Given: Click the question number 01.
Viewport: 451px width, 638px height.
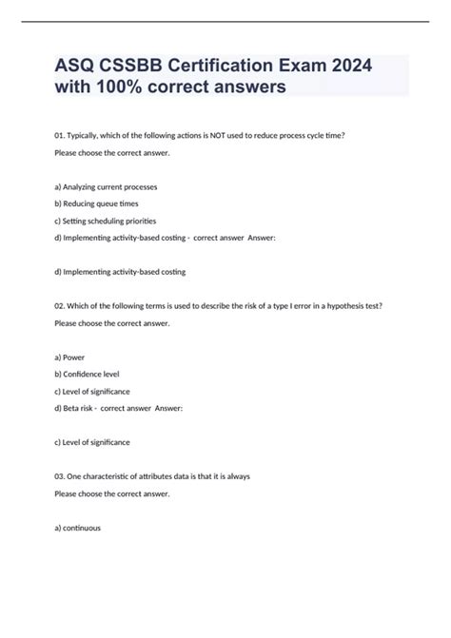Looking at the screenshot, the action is click(61, 136).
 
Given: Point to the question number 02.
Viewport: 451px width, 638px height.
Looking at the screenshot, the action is click(61, 305).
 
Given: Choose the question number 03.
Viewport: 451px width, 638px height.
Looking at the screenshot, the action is click(61, 475).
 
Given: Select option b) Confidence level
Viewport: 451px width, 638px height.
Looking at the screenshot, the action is click(88, 373).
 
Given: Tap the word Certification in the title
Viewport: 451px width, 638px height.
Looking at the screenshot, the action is click(215, 68).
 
